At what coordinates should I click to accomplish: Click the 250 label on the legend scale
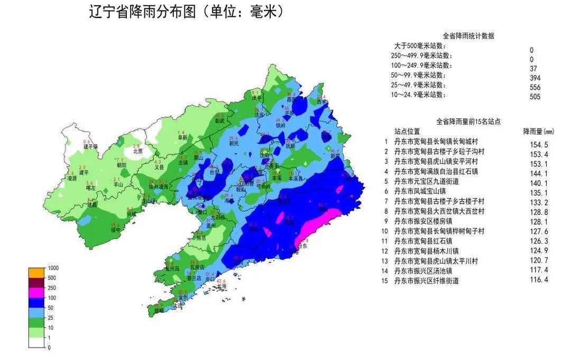pos(52,288)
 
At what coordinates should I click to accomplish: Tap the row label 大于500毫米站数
pos(420,47)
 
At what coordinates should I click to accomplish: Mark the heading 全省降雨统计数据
pos(468,36)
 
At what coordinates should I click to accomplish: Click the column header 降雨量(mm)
pos(538,131)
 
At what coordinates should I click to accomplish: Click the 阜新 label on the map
pos(182,137)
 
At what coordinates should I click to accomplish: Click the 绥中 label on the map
pos(116,230)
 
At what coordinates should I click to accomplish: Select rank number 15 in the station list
pos(387,280)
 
